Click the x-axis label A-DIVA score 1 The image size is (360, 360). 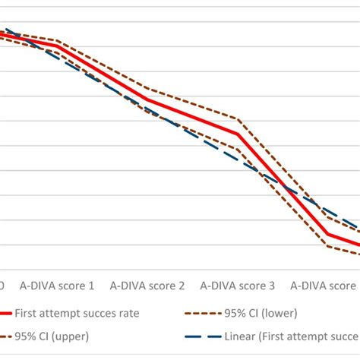(x=57, y=286)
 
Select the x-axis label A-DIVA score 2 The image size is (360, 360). (x=147, y=286)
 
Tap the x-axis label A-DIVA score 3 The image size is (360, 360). (x=237, y=286)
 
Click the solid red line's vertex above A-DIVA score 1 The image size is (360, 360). (x=58, y=46)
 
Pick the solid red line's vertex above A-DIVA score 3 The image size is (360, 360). (x=238, y=134)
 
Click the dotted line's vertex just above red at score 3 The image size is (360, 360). (x=238, y=119)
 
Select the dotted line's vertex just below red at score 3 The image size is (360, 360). (x=238, y=150)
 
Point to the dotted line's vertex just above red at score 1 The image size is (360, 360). (x=58, y=40)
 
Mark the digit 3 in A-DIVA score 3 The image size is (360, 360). (x=271, y=286)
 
